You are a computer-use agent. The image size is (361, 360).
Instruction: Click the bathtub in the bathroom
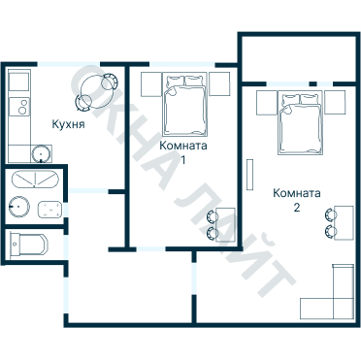click(x=33, y=180)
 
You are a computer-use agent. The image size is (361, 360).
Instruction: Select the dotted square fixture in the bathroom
click(x=49, y=208)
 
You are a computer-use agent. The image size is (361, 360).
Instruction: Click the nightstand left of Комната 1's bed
click(x=149, y=84)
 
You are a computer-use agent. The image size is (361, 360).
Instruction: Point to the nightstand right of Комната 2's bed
click(x=335, y=101)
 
